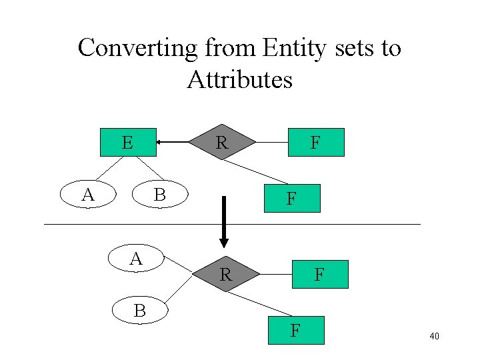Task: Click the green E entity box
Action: tap(128, 142)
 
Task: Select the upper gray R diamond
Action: tap(222, 142)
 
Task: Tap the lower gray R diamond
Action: tap(225, 273)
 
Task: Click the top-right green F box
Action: tap(316, 142)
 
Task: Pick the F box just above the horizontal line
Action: tap(291, 198)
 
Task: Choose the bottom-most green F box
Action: tap(296, 329)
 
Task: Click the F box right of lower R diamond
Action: tap(320, 273)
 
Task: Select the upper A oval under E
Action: tap(88, 195)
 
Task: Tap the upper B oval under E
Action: tap(159, 195)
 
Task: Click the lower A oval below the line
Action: tap(136, 259)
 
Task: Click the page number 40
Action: tap(434, 337)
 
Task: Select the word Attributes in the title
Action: tap(239, 80)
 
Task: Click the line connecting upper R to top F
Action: tap(272, 142)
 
